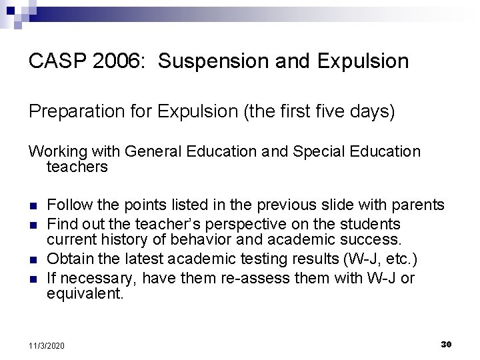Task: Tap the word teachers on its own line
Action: pos(77,167)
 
